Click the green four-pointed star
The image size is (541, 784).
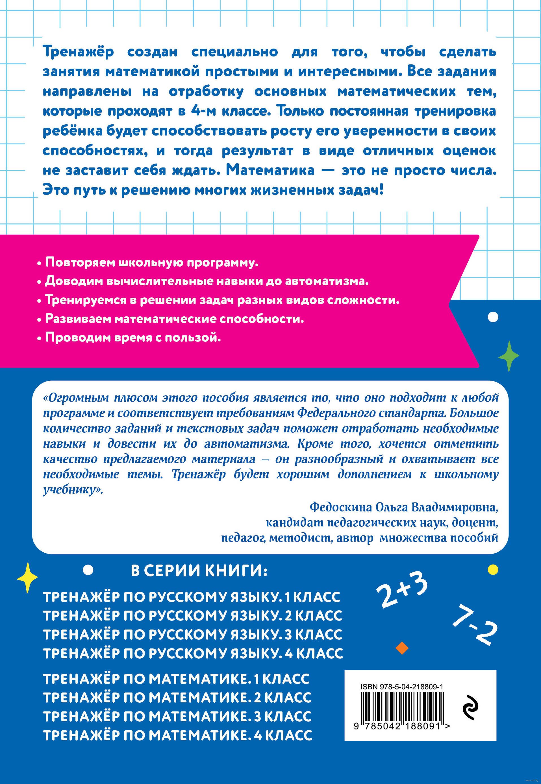coord(509,356)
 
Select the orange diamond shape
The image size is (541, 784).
coord(402,648)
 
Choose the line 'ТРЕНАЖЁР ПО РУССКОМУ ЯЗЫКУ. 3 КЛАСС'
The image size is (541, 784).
coord(193,635)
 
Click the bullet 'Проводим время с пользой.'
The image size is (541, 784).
coord(133,338)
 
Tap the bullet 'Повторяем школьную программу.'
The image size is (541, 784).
coord(151,263)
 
